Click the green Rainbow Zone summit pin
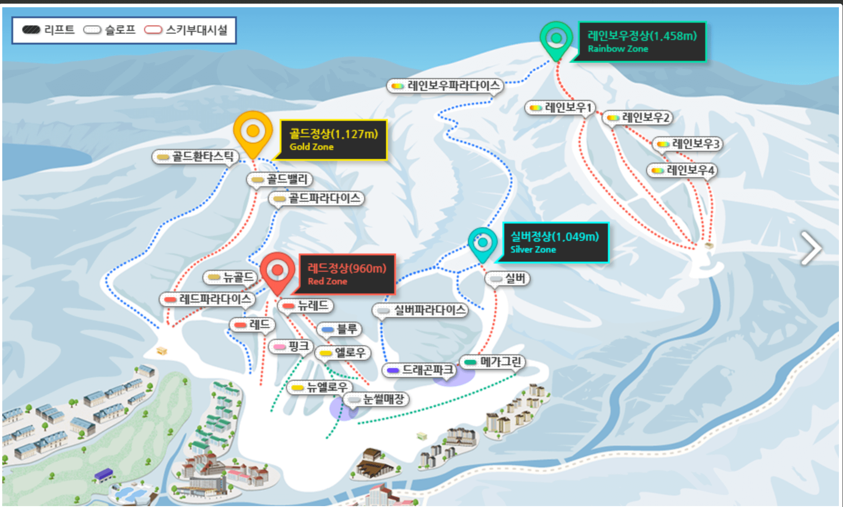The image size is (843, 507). click(x=556, y=39)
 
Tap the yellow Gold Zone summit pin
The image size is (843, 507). click(x=253, y=132)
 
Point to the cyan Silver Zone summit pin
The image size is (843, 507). click(x=482, y=243)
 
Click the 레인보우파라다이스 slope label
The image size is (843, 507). click(x=446, y=85)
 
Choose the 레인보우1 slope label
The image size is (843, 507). click(x=561, y=108)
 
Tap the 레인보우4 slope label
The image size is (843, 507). click(x=682, y=170)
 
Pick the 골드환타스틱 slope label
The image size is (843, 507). click(x=196, y=157)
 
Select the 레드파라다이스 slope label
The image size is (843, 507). click(x=207, y=299)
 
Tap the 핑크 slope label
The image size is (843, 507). click(x=291, y=347)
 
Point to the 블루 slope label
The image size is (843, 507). click(x=340, y=329)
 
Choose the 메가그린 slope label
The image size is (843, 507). click(x=493, y=362)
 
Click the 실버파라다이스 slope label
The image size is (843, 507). click(x=421, y=310)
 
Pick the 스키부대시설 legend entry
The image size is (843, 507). click(x=186, y=30)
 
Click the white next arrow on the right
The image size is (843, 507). click(x=811, y=248)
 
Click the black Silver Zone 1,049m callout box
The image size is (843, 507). click(x=555, y=243)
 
